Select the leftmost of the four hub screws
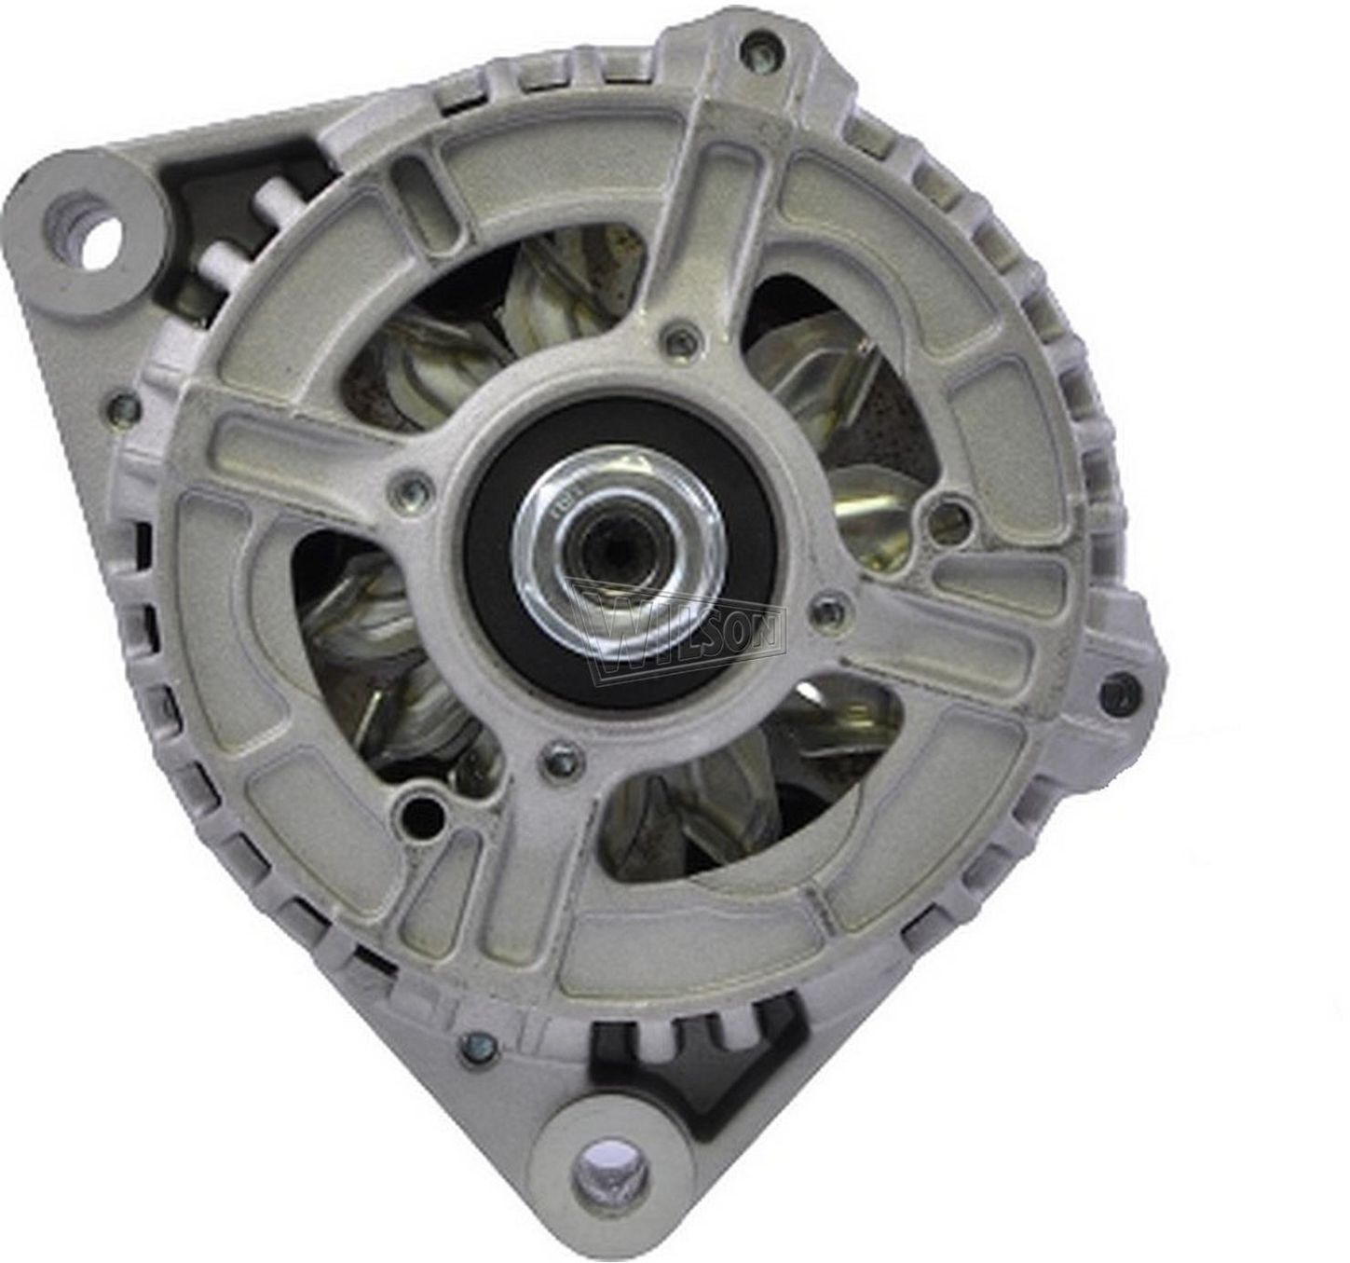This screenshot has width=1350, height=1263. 415,487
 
